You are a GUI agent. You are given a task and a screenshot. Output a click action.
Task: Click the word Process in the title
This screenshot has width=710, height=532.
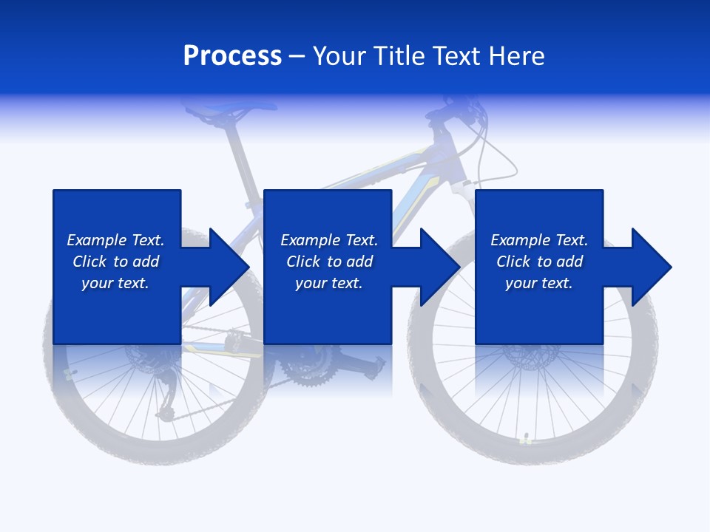point(232,55)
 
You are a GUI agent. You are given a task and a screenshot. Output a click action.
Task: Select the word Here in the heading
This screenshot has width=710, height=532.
point(517,56)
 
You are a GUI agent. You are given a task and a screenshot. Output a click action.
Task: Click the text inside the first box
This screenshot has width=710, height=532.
point(115,262)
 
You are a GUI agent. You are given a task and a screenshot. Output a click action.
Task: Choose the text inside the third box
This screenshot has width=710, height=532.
point(539,262)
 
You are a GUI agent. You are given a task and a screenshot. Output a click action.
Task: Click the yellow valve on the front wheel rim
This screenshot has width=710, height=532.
point(526,439)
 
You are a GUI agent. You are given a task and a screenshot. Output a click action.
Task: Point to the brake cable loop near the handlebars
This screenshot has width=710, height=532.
point(488,159)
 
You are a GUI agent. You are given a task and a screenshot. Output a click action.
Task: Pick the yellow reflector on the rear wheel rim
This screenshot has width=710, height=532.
point(70,373)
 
